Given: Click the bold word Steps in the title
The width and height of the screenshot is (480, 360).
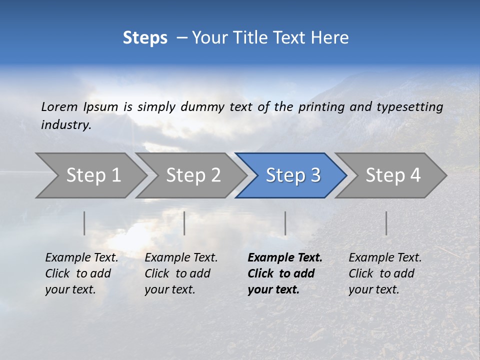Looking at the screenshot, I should (145, 38).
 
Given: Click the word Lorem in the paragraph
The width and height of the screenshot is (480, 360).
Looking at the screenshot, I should (59, 106).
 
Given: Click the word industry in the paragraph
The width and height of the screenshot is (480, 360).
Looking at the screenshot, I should (65, 124).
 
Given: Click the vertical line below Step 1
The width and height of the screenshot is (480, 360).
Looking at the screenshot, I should (84, 223).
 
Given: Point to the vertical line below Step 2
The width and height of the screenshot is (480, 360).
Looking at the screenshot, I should (184, 223).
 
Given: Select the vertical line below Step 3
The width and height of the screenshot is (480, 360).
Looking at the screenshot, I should (285, 223).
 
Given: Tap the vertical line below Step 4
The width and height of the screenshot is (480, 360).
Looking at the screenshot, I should (386, 223).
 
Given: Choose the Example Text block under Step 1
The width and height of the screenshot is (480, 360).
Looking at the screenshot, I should (81, 273).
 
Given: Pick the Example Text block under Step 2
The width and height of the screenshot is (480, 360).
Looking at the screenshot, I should (181, 273).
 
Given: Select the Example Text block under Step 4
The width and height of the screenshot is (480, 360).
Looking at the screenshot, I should (385, 273).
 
